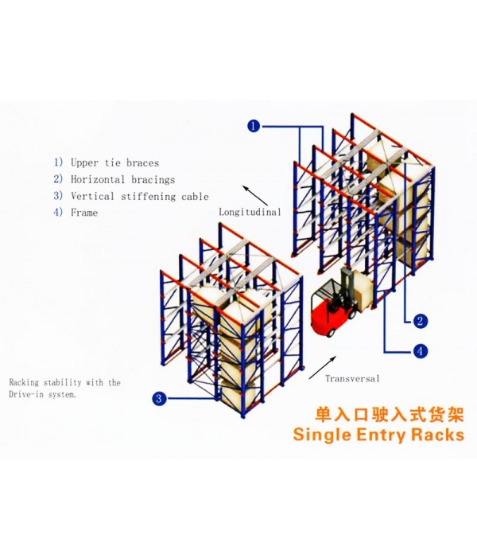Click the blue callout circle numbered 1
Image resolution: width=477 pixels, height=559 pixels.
point(254,126)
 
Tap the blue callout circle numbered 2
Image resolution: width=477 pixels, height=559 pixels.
point(420,321)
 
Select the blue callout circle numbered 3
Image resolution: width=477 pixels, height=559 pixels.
point(159,398)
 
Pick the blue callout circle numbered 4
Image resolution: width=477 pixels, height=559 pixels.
point(420,351)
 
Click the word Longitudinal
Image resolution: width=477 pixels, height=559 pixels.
point(250,212)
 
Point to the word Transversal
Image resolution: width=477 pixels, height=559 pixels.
point(352,378)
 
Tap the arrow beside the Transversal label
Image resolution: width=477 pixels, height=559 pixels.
point(323,367)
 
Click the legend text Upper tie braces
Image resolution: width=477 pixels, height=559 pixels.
point(114,163)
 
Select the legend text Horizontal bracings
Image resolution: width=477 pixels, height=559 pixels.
point(122,179)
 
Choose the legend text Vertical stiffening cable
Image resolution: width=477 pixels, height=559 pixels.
point(140,196)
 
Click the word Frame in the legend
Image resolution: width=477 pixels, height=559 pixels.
point(84,213)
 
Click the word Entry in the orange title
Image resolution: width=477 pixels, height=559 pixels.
point(381,436)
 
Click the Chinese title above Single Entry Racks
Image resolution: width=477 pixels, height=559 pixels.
point(390,416)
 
